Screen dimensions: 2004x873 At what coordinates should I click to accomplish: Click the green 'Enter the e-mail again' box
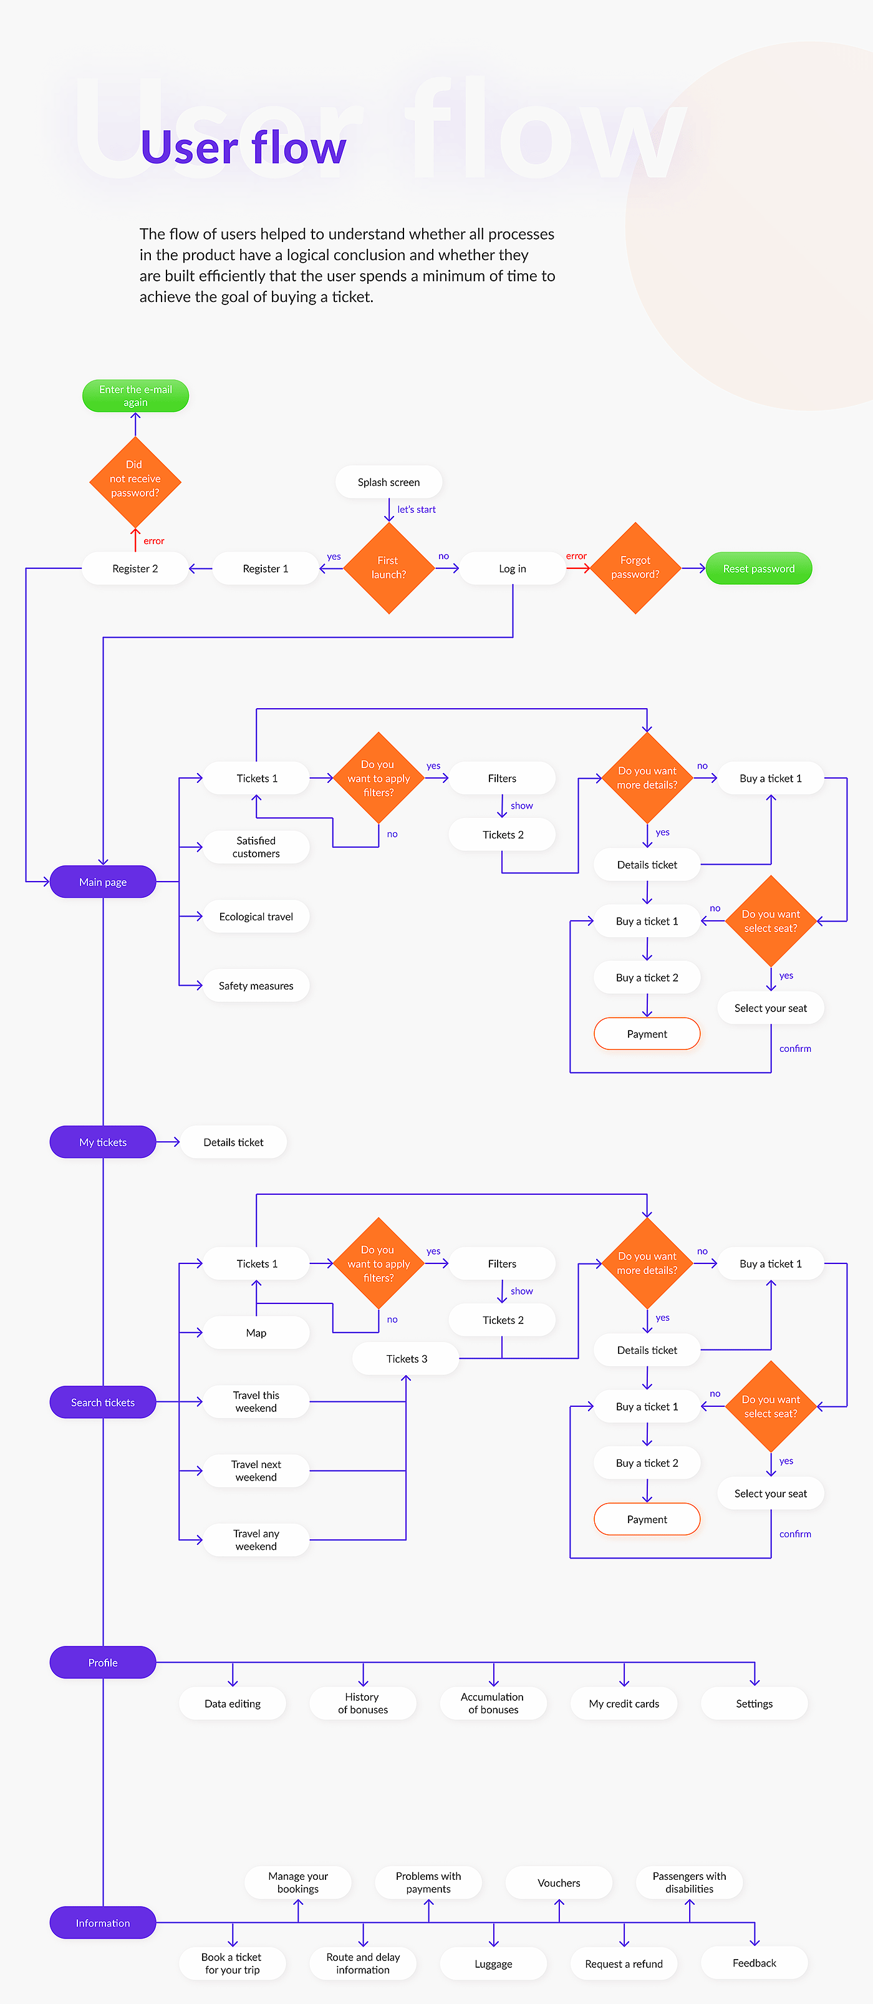(x=135, y=396)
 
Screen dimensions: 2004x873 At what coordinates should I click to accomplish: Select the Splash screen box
(x=388, y=482)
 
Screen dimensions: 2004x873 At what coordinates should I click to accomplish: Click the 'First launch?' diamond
(x=388, y=568)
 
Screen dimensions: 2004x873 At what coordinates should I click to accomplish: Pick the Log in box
(x=513, y=568)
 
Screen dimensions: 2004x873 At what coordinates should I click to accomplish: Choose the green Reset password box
(x=759, y=568)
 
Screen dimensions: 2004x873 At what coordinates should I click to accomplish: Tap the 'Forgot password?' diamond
(x=635, y=568)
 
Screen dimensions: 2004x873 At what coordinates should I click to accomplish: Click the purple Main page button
(x=103, y=882)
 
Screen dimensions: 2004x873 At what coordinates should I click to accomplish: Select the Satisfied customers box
(x=256, y=847)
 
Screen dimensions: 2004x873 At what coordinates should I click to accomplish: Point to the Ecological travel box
(x=256, y=917)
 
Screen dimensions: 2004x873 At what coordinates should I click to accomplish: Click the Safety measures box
(x=256, y=986)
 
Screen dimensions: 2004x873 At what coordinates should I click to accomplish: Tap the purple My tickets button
(x=103, y=1142)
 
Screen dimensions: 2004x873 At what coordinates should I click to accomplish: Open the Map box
(x=256, y=1333)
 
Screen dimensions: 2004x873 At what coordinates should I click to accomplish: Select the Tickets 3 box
(x=406, y=1359)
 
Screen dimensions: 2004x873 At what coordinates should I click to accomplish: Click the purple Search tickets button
(x=103, y=1403)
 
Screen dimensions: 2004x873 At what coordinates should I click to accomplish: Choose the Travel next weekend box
(x=256, y=1471)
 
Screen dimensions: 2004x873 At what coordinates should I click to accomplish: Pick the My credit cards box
(x=624, y=1704)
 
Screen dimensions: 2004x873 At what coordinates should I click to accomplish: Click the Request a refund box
(x=624, y=1964)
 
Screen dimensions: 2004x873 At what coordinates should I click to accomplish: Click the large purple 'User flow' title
(x=243, y=148)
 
